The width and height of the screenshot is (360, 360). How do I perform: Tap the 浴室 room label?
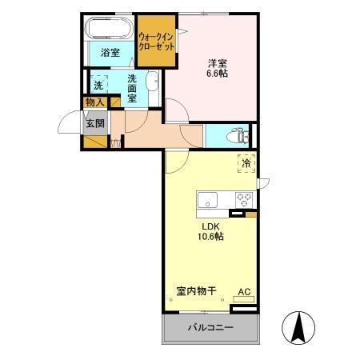pos(110,53)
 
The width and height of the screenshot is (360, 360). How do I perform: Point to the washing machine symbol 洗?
pos(99,83)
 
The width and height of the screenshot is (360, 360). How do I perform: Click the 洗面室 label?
pos(132,87)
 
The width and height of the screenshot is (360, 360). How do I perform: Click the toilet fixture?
pos(237,135)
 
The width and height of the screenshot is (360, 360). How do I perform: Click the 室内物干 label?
pos(197,292)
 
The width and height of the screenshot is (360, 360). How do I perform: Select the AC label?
pos(244,293)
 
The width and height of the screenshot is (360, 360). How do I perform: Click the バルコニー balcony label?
pos(210,328)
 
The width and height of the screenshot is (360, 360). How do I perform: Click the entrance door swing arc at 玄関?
pos(70,125)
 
